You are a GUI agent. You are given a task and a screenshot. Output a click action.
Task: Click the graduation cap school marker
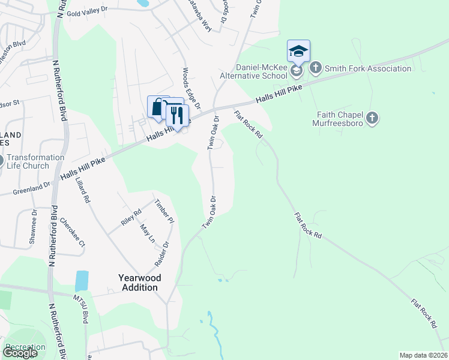pos(298,52)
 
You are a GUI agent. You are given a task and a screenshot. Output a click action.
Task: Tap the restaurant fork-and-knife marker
pos(177,114)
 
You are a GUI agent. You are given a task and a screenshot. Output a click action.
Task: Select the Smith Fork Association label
pos(368,68)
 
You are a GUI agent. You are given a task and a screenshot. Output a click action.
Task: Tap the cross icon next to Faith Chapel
pos(372,118)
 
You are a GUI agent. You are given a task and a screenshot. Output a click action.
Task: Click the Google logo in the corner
pos(20,353)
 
